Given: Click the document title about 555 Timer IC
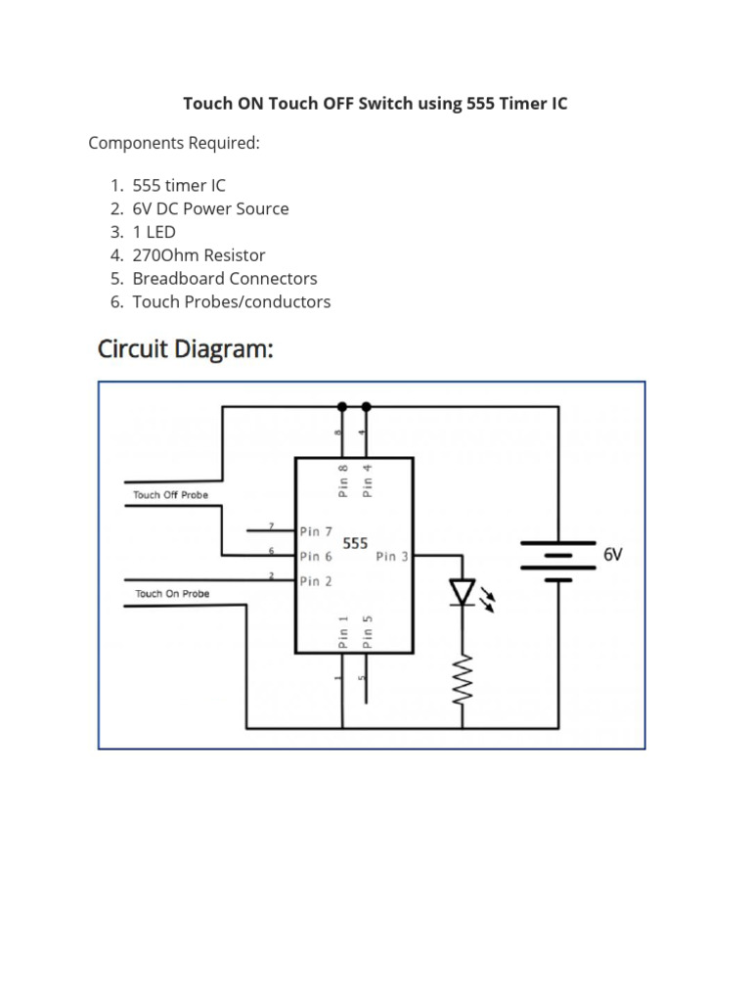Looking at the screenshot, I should pyautogui.click(x=375, y=103).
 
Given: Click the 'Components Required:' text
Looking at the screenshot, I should pyautogui.click(x=174, y=143).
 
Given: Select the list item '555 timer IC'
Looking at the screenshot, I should pyautogui.click(x=179, y=185).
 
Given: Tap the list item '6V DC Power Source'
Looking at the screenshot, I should pyautogui.click(x=210, y=208).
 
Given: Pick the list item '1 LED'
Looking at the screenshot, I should pyautogui.click(x=155, y=232).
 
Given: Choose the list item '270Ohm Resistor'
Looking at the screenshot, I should pyautogui.click(x=199, y=255).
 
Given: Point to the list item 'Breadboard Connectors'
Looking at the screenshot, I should pyautogui.click(x=225, y=279).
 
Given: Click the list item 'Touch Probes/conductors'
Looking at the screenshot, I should pyautogui.click(x=232, y=302).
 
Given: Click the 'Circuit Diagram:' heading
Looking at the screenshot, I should pyautogui.click(x=185, y=349).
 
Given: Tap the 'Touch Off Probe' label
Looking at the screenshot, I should pyautogui.click(x=170, y=495).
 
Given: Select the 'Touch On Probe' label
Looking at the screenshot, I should pyautogui.click(x=172, y=594).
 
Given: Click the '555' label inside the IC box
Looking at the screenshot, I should pyautogui.click(x=355, y=543).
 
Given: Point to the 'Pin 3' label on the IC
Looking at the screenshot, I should pyautogui.click(x=392, y=557).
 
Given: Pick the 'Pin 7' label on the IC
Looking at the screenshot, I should pyautogui.click(x=316, y=531).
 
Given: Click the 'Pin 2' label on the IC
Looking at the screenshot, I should pyautogui.click(x=316, y=581).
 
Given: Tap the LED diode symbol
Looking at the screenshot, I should pyautogui.click(x=462, y=592).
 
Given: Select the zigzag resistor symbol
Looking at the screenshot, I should pyautogui.click(x=462, y=678).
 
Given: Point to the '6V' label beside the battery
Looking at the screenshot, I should pyautogui.click(x=613, y=555).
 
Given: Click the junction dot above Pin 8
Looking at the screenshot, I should pyautogui.click(x=341, y=406).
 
